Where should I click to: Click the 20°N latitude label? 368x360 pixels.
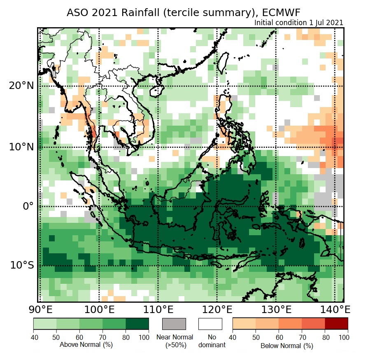coord(21,86)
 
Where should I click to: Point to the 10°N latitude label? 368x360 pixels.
coord(21,147)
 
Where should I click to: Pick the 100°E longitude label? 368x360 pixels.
coord(99,310)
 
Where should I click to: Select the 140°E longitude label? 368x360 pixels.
coord(334,310)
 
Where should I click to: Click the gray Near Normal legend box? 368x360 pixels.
coord(174,324)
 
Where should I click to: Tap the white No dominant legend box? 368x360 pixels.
coord(210,324)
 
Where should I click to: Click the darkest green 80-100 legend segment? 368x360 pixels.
coord(137,324)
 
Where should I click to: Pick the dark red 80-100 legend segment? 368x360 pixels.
coord(336,324)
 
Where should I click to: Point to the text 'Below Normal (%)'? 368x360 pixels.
coord(286,346)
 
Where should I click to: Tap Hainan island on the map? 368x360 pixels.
coord(156,90)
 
